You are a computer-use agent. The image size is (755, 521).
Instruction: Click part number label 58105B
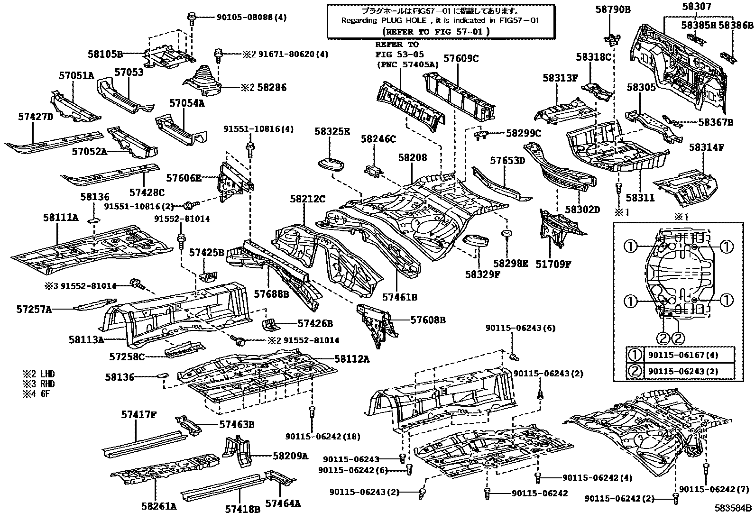pos(105,54)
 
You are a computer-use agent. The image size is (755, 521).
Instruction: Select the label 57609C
pos(461,59)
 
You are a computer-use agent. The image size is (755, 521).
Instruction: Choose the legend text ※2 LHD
pos(38,374)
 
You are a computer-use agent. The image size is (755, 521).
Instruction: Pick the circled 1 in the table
pos(635,355)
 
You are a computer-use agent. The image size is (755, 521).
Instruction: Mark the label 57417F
pos(138,414)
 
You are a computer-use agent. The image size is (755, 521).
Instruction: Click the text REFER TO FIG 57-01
pos(435,32)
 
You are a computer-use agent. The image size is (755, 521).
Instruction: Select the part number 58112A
pos(351,359)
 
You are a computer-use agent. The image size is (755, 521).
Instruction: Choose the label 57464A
pos(283,503)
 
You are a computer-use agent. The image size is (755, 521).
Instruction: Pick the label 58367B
pos(716,122)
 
